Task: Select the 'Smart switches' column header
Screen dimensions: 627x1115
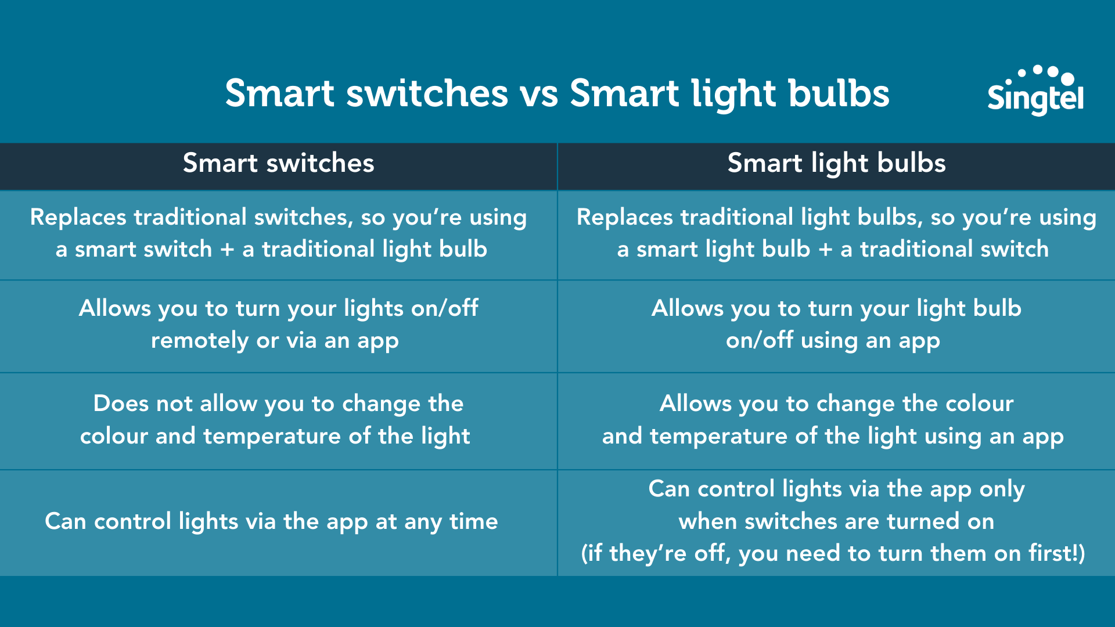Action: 278,163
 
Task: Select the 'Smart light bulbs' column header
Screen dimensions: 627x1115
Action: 836,163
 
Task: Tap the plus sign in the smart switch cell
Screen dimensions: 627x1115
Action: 227,250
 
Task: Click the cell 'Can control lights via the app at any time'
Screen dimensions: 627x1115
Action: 271,521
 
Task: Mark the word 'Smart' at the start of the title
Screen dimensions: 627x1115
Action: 279,94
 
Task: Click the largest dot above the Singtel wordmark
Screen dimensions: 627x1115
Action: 1067,78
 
